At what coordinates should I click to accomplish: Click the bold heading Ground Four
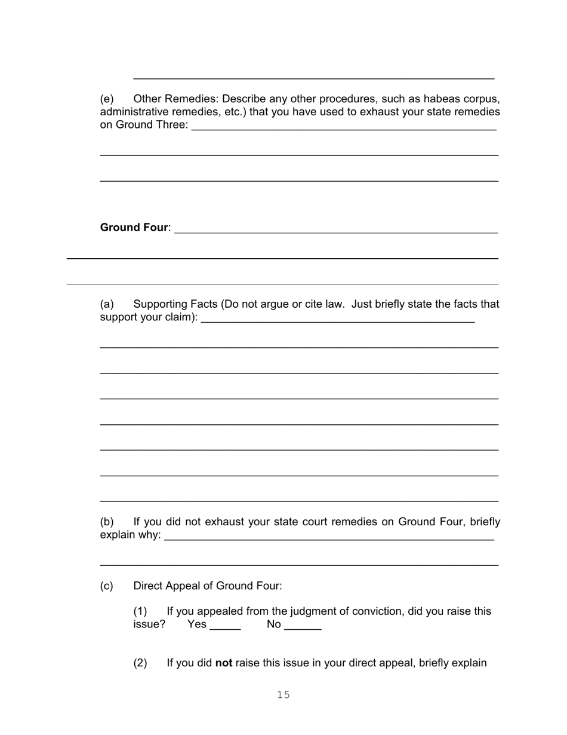tap(134, 228)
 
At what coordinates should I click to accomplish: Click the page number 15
tap(283, 694)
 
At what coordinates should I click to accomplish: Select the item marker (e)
tap(107, 99)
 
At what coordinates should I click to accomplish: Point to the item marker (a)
tap(107, 304)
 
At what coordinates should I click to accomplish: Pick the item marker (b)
tap(107, 522)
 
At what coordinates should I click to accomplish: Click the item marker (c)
tap(107, 586)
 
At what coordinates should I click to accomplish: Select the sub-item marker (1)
tap(140, 611)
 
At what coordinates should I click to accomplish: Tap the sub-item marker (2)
tap(140, 663)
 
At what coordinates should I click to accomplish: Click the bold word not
tap(224, 663)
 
